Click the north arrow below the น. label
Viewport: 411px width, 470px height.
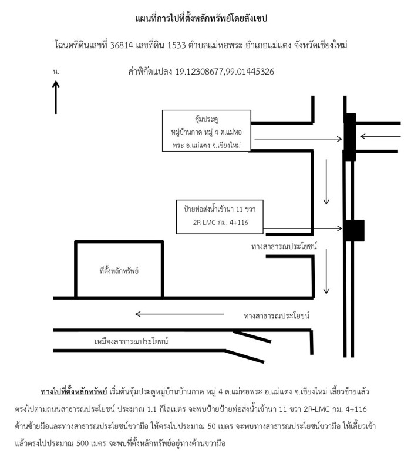pyautogui.click(x=56, y=97)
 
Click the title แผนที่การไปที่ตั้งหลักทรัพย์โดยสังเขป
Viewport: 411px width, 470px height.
pyautogui.click(x=201, y=18)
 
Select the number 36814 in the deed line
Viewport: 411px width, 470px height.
pyautogui.click(x=122, y=45)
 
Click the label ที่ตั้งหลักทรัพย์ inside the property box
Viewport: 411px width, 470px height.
pyautogui.click(x=119, y=271)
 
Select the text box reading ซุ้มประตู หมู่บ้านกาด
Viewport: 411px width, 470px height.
pyautogui.click(x=207, y=130)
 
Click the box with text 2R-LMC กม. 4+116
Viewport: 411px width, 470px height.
pyautogui.click(x=220, y=217)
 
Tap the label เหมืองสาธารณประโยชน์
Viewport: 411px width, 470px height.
pyautogui.click(x=131, y=341)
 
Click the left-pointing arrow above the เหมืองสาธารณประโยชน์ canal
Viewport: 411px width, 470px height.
pyautogui.click(x=180, y=314)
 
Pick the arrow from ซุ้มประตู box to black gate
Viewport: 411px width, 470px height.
pyautogui.click(x=298, y=139)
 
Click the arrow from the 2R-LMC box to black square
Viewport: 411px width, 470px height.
pyautogui.click(x=303, y=229)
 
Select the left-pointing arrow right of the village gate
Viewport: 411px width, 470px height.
pyautogui.click(x=380, y=136)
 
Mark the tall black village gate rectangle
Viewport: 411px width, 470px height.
pyautogui.click(x=349, y=137)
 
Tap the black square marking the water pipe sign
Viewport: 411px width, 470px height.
pyautogui.click(x=355, y=230)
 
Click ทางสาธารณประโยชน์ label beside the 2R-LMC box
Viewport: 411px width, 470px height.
pyautogui.click(x=284, y=246)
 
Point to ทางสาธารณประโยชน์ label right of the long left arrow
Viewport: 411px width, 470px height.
pyautogui.click(x=277, y=316)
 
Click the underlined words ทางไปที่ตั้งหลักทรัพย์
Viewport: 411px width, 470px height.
pyautogui.click(x=74, y=392)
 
